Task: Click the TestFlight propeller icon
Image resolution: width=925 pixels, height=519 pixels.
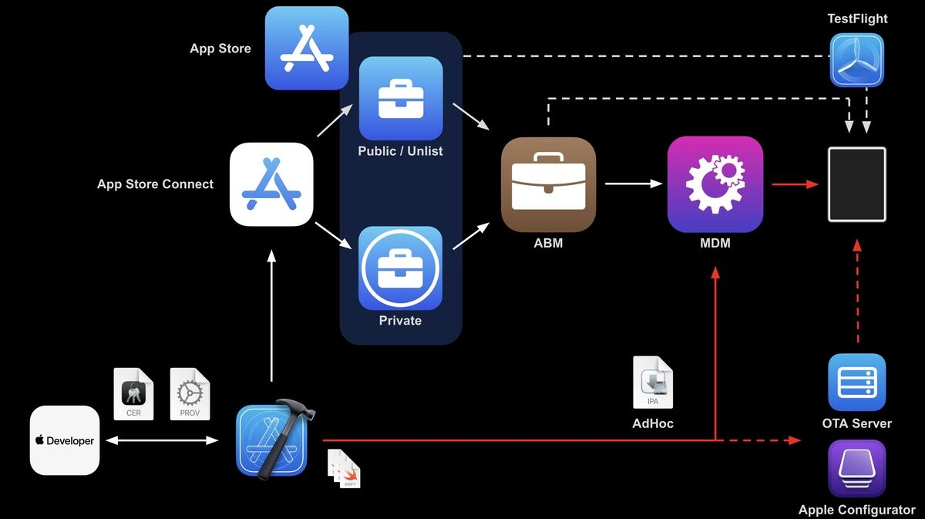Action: (x=857, y=60)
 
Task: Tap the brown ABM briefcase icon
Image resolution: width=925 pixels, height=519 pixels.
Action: (x=548, y=185)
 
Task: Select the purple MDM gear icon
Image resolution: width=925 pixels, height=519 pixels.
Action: (x=715, y=184)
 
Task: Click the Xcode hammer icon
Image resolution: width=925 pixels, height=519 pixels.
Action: (x=274, y=440)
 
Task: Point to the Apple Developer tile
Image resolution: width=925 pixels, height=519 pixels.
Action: (x=65, y=440)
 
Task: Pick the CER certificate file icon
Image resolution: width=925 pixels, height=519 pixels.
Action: (x=133, y=394)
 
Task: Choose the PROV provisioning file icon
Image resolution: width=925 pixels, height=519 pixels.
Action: (x=190, y=394)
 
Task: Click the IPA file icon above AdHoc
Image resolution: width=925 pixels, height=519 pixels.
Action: (x=653, y=383)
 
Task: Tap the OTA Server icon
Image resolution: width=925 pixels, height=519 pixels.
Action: (x=857, y=383)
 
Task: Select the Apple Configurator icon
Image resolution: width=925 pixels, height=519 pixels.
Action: (x=857, y=469)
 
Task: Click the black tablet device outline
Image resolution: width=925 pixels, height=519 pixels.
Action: (x=857, y=184)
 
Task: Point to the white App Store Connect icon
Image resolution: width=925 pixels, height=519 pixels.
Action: (x=271, y=184)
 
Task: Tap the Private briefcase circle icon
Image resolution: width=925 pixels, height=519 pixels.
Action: (x=400, y=268)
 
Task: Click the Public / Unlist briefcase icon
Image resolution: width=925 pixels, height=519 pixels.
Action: (x=401, y=99)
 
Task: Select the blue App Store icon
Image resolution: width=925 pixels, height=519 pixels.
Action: (x=307, y=48)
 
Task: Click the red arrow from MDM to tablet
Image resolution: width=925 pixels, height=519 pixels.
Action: (x=795, y=184)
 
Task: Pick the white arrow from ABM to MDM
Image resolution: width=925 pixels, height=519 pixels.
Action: (x=634, y=184)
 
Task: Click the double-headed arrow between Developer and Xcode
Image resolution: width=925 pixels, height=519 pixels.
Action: (x=162, y=440)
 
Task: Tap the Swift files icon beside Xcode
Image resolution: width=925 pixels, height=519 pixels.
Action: (x=344, y=469)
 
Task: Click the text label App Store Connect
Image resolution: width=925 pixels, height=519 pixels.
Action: (x=155, y=184)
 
